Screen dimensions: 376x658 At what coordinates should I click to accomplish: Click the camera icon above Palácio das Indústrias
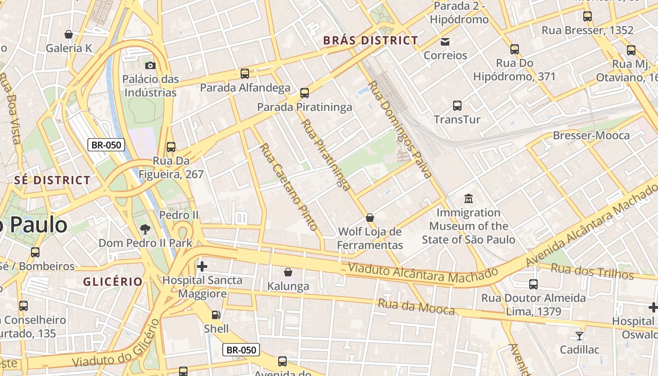tap(150, 65)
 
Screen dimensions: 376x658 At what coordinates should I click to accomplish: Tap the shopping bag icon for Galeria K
tap(69, 34)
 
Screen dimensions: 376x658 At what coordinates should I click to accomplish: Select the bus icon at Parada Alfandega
tap(245, 74)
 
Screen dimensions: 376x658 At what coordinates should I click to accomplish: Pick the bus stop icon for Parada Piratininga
tap(305, 93)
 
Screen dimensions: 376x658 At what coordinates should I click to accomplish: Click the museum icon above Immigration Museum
tap(468, 199)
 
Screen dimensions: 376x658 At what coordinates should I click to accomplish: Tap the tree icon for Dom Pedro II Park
tap(145, 229)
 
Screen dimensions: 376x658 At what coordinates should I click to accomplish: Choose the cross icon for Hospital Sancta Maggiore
tap(202, 266)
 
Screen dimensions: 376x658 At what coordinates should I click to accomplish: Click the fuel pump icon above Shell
tap(216, 314)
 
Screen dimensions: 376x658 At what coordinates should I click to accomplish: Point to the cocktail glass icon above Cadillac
tap(580, 336)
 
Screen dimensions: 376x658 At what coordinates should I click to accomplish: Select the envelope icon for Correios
tap(445, 42)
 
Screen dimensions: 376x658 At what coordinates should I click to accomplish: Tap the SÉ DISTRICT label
tap(52, 180)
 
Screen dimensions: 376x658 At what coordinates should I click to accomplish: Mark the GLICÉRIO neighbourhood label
tap(113, 282)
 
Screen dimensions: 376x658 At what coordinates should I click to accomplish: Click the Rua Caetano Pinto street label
tap(289, 187)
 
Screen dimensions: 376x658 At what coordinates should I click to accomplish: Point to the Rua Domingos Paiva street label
tap(399, 129)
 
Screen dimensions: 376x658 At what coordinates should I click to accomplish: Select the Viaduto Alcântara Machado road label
tap(423, 274)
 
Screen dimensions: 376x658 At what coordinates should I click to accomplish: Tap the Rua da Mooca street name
tap(416, 307)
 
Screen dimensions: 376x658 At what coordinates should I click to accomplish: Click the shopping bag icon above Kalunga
tap(288, 272)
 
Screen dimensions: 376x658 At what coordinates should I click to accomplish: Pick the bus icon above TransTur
tap(457, 106)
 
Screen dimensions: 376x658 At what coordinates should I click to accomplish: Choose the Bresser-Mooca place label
tap(591, 135)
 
